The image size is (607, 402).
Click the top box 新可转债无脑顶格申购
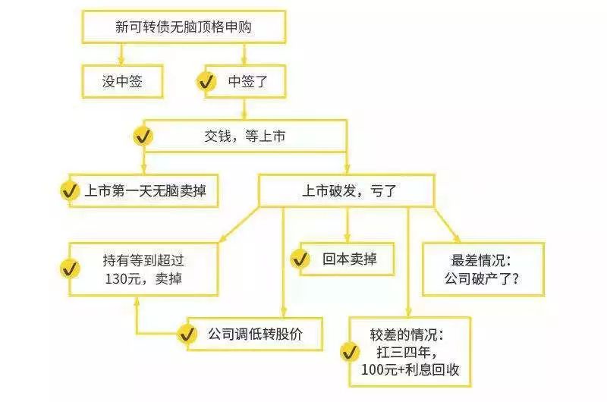[184, 27]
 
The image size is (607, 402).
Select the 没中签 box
[122, 81]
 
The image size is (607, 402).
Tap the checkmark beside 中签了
[206, 82]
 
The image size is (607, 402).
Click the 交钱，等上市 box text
[244, 137]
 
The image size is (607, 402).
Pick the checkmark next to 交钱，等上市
[143, 137]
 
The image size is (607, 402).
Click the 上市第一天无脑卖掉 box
[143, 190]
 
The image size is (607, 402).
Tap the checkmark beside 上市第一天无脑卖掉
[70, 190]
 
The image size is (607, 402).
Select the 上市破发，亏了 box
[347, 190]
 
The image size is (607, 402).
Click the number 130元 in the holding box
[122, 278]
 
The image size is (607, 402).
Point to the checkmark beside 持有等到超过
[70, 269]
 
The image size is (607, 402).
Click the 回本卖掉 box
[348, 259]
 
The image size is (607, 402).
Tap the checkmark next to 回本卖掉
[300, 259]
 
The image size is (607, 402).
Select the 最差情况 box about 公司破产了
[483, 269]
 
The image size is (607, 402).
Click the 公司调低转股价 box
[255, 334]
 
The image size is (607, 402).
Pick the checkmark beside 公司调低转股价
[187, 334]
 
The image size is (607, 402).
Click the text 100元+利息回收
[410, 369]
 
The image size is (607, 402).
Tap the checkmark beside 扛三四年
[350, 352]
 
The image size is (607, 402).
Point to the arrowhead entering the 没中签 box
[121, 61]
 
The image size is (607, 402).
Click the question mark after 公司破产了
[515, 278]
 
